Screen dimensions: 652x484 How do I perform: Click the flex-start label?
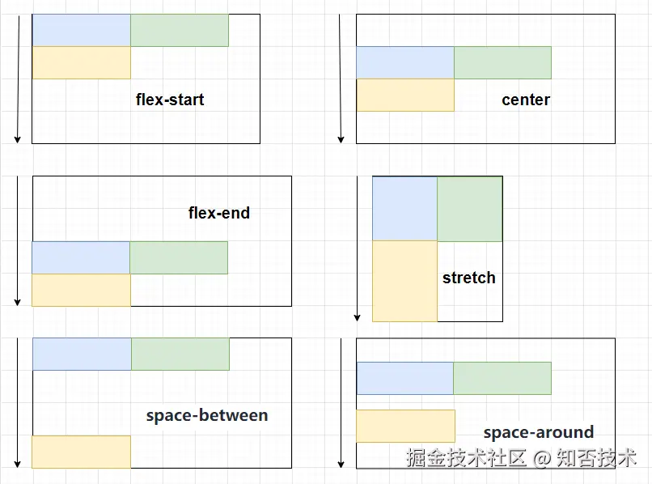pyautogui.click(x=170, y=100)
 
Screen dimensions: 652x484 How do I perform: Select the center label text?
pyautogui.click(x=526, y=100)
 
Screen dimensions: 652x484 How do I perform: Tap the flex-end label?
pyautogui.click(x=219, y=213)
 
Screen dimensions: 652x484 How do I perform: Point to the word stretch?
pyautogui.click(x=468, y=278)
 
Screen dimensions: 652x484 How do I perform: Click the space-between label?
pyautogui.click(x=207, y=415)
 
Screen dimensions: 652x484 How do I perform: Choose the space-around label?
pyautogui.click(x=539, y=432)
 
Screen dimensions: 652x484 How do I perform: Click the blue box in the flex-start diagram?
pyautogui.click(x=81, y=30)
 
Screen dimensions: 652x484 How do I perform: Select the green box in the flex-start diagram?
pyautogui.click(x=179, y=30)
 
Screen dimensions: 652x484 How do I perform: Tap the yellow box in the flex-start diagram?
pyautogui.click(x=81, y=62)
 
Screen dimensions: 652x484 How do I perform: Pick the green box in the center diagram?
pyautogui.click(x=502, y=62)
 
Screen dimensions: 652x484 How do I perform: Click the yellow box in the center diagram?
pyautogui.click(x=404, y=95)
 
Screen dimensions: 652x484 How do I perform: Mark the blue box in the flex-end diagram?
pyautogui.click(x=81, y=257)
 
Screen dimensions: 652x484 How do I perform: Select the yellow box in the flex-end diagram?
pyautogui.click(x=81, y=290)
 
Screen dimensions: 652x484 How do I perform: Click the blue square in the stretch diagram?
pyautogui.click(x=404, y=209)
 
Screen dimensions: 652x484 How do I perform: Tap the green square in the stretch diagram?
pyautogui.click(x=469, y=209)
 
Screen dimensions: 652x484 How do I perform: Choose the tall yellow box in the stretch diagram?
pyautogui.click(x=404, y=281)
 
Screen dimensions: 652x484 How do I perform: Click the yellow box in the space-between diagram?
pyautogui.click(x=81, y=452)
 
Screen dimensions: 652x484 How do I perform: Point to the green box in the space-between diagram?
pyautogui.click(x=180, y=354)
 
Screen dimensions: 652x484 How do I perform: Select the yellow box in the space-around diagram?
pyautogui.click(x=405, y=426)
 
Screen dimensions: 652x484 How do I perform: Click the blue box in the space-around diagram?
pyautogui.click(x=404, y=378)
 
